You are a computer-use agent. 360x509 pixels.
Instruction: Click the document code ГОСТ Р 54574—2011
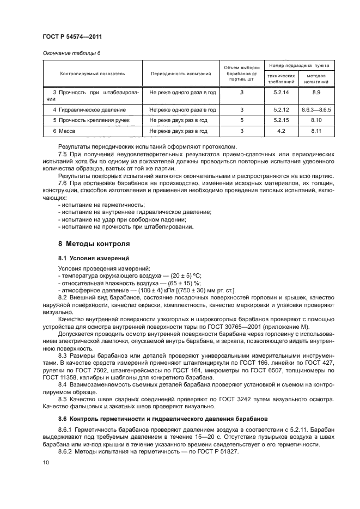click(x=72, y=36)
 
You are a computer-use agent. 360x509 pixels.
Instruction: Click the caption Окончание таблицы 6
click(x=71, y=53)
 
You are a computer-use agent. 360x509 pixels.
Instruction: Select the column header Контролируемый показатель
click(x=93, y=73)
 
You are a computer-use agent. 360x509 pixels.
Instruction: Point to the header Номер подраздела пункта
click(x=298, y=65)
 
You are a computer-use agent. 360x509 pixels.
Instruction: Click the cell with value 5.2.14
click(x=281, y=93)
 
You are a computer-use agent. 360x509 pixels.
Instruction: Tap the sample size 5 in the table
click(x=241, y=120)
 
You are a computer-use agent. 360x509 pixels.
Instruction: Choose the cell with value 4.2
click(x=281, y=131)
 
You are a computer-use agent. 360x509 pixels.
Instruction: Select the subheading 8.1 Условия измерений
click(x=90, y=257)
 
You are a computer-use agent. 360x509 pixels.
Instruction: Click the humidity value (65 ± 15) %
click(x=182, y=283)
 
